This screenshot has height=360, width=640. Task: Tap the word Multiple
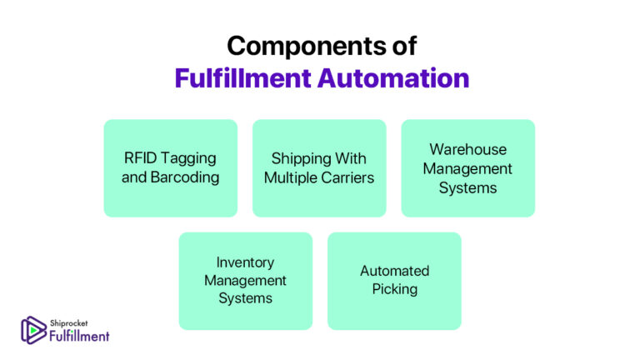click(x=290, y=177)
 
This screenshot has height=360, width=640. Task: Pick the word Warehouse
click(x=467, y=149)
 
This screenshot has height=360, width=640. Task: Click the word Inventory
click(x=245, y=262)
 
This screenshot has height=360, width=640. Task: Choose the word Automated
click(x=394, y=271)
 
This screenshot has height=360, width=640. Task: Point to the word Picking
click(x=394, y=289)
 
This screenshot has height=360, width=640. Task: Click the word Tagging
click(x=191, y=158)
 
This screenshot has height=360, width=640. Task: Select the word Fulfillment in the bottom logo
click(x=78, y=335)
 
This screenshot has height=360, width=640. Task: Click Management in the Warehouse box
click(x=467, y=168)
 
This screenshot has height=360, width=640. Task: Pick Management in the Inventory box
click(x=245, y=280)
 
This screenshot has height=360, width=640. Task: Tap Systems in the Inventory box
click(x=245, y=298)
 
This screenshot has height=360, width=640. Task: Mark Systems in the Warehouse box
click(x=467, y=187)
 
